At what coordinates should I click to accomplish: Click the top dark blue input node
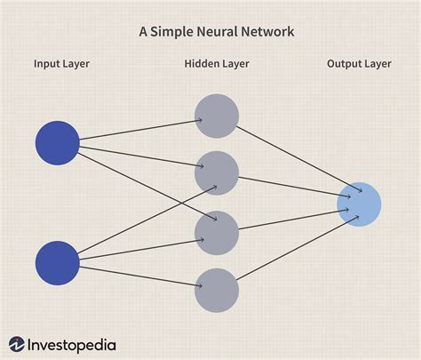tap(58, 143)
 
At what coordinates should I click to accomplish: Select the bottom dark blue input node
tap(58, 262)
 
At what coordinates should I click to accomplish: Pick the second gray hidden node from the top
tap(217, 172)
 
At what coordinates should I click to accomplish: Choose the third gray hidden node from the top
tap(217, 232)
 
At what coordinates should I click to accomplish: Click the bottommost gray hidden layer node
tap(217, 291)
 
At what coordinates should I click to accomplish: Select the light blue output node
tap(359, 204)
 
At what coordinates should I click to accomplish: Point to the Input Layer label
tap(61, 64)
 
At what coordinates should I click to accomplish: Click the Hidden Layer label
tap(217, 64)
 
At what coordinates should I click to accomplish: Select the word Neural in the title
tap(217, 32)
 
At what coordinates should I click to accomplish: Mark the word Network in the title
tap(266, 32)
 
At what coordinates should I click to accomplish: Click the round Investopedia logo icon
tap(18, 344)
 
